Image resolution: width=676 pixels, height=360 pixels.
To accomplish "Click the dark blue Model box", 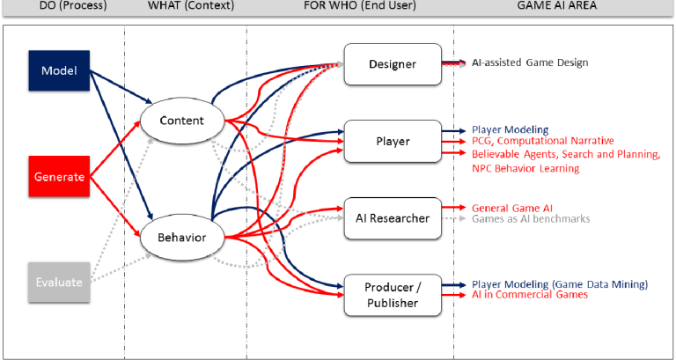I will [60, 70].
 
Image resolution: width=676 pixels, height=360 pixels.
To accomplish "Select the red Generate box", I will [60, 177].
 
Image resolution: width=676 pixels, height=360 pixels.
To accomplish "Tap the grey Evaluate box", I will [60, 282].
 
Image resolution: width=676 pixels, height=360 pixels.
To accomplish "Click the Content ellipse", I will [183, 121].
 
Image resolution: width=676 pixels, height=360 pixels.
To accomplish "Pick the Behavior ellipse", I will [183, 238].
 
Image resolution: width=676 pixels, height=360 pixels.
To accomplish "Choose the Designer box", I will [391, 63].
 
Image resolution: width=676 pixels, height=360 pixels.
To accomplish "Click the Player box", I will [391, 141].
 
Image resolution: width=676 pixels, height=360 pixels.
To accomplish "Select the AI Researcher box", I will [391, 217].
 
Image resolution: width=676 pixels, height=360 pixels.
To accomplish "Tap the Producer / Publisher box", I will [391, 295].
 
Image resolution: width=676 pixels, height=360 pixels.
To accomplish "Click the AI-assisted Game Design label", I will [530, 62].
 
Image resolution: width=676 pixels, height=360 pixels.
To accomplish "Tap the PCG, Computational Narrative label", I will [543, 141].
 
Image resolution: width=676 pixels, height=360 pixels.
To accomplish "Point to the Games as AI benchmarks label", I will [531, 218].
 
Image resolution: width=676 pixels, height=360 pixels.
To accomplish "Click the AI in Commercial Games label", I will [530, 295].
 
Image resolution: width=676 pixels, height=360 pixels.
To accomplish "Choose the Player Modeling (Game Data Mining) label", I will [560, 283].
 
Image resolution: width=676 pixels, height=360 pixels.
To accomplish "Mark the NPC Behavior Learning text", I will [526, 167].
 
